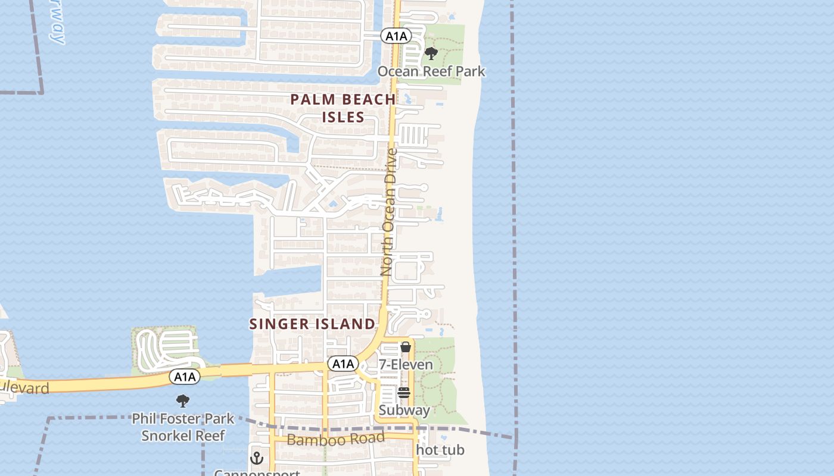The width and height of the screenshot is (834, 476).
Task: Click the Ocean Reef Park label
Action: tap(431, 71)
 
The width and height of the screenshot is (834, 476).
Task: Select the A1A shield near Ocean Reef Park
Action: tap(396, 36)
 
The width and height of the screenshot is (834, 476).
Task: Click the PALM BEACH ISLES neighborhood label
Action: tap(343, 108)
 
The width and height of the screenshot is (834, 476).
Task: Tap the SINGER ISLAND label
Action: tap(312, 324)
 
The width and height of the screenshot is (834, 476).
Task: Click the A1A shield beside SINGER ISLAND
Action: tap(343, 364)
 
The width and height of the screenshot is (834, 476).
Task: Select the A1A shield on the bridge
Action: tap(185, 376)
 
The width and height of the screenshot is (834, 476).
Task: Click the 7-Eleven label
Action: tap(406, 364)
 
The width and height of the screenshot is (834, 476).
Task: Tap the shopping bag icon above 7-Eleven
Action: tap(406, 347)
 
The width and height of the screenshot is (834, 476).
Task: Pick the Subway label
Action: tap(404, 410)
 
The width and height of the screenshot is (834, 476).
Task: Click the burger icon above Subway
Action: tap(404, 393)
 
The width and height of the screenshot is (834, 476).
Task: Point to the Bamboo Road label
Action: tap(335, 439)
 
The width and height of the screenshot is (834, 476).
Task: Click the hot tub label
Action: tap(440, 450)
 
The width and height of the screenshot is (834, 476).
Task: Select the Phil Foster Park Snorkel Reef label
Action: tap(183, 427)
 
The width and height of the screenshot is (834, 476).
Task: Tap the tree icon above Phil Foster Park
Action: tap(183, 401)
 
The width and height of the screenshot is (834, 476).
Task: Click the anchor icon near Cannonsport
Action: tap(257, 458)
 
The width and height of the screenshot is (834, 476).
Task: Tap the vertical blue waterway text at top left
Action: tap(57, 24)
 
